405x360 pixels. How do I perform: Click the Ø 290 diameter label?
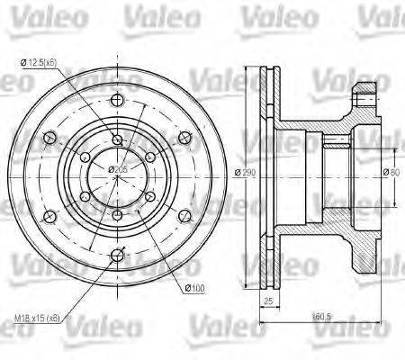point(238,172)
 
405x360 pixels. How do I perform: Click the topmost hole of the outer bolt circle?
point(118,102)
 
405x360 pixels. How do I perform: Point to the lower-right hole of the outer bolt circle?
point(184,216)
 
